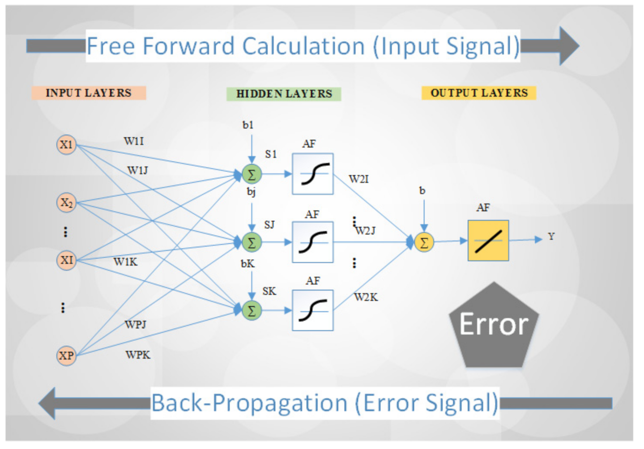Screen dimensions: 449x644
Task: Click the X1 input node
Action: coord(66,145)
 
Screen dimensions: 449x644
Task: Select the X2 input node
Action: coord(66,203)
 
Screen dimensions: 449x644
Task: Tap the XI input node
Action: coord(66,260)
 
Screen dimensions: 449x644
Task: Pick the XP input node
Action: coord(66,356)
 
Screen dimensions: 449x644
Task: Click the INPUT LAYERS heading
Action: coord(89,93)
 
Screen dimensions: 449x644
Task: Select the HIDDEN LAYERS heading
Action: coord(284,94)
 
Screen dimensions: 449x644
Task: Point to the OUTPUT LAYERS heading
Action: coord(479,93)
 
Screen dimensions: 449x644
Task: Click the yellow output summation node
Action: coord(424,243)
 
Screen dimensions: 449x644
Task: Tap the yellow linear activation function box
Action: coord(488,241)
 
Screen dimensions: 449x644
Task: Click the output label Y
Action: coord(551,237)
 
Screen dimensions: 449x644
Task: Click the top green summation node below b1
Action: coord(252,174)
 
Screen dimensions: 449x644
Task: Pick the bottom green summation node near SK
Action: coord(252,310)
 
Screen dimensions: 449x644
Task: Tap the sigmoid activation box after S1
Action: coord(312,174)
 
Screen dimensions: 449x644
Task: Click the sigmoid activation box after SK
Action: coord(312,310)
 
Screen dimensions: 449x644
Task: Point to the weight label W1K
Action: coord(125,262)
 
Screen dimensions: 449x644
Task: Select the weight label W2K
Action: coord(366,297)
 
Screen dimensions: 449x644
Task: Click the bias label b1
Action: coord(248,125)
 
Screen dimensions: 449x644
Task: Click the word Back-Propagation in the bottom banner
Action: coord(249,403)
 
